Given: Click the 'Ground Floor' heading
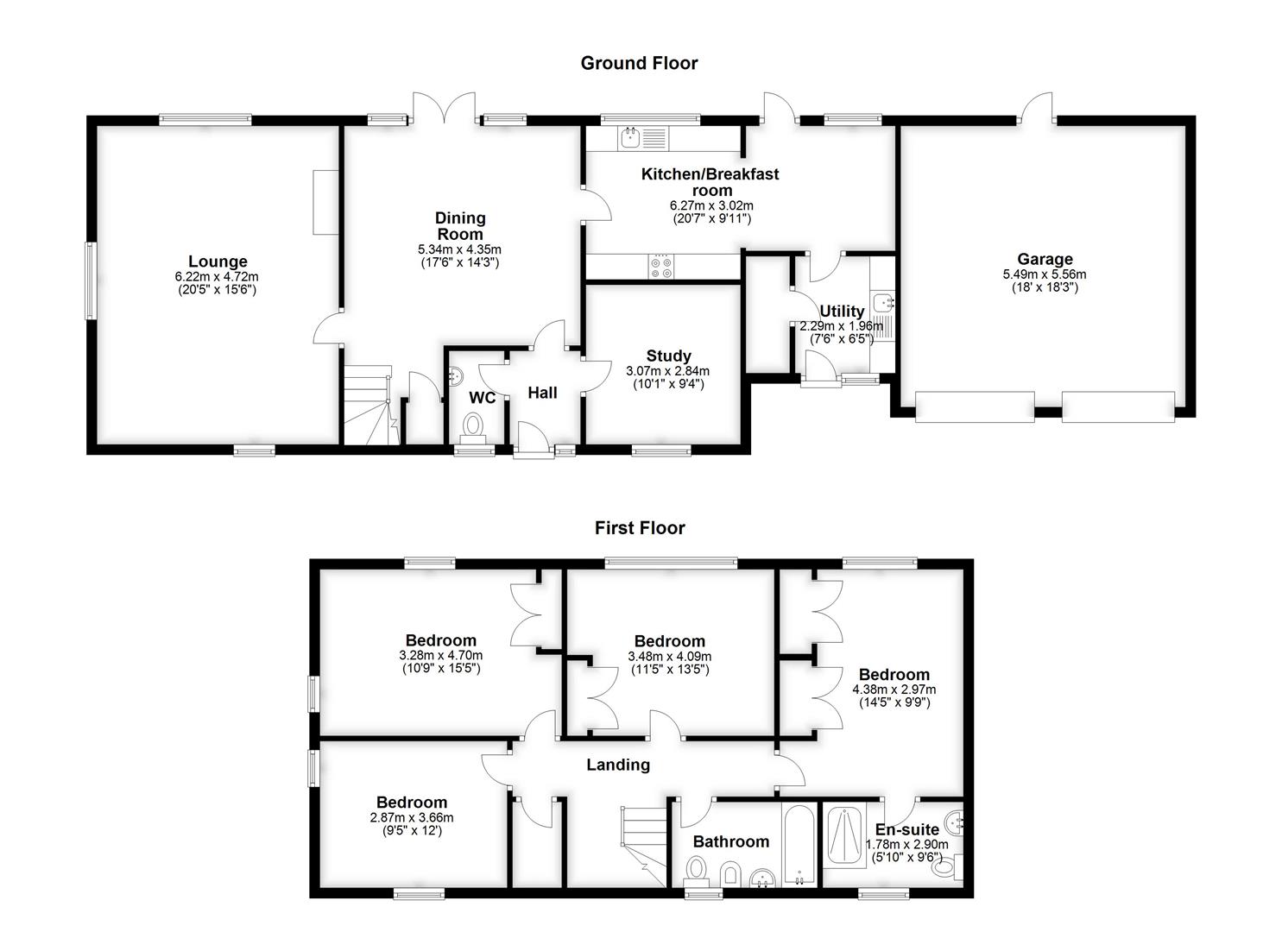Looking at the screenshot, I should point(639,63).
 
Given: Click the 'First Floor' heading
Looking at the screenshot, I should point(640,528).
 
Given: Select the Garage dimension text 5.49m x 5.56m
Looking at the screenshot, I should point(1045,274).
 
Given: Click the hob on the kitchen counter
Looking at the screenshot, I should point(662,266).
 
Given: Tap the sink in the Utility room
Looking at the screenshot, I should point(882,303).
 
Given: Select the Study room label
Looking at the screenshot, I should point(668,356).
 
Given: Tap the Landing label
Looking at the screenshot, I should point(618,765).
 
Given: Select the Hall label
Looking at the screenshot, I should point(542,393).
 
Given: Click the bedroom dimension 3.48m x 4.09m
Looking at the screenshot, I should point(669,656).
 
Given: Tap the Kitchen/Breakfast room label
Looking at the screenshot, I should point(710,182).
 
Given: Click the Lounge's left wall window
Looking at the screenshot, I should point(90,281).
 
